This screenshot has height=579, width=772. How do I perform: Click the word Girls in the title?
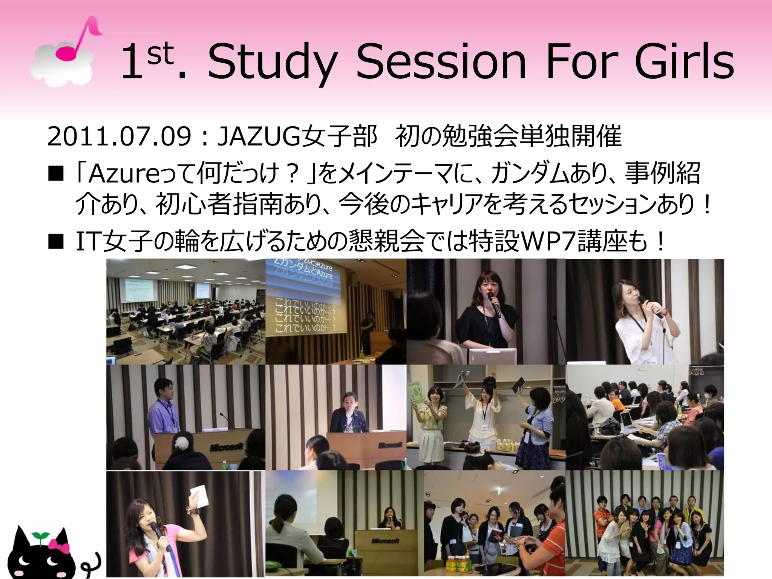[x=684, y=62]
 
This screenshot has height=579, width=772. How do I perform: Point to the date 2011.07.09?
[x=119, y=136]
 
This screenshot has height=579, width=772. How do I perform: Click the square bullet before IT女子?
[x=56, y=242]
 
